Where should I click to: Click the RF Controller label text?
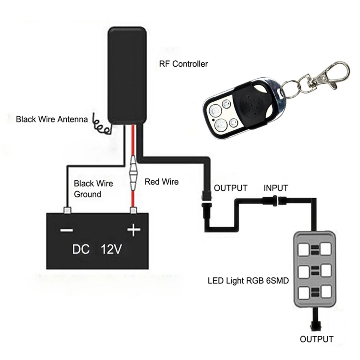pos(183,64)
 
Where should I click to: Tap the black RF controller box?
pos(127,75)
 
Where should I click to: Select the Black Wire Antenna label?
pos(52,119)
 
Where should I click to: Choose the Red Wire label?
pos(161,181)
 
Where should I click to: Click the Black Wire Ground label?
pos(93,189)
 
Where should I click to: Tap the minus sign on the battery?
pos(66,230)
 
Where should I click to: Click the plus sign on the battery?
pos(134,230)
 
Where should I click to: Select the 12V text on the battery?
pos(111,249)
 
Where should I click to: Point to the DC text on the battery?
pos(81,249)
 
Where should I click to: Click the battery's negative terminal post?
pos(67,210)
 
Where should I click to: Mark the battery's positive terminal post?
pos(133,210)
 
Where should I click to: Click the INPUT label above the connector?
pos(276,188)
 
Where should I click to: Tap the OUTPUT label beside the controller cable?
pos(230,188)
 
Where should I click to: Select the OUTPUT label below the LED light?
pos(316,339)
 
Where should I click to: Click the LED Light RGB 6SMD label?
pos(248,281)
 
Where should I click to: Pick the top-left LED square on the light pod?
pos(304,249)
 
